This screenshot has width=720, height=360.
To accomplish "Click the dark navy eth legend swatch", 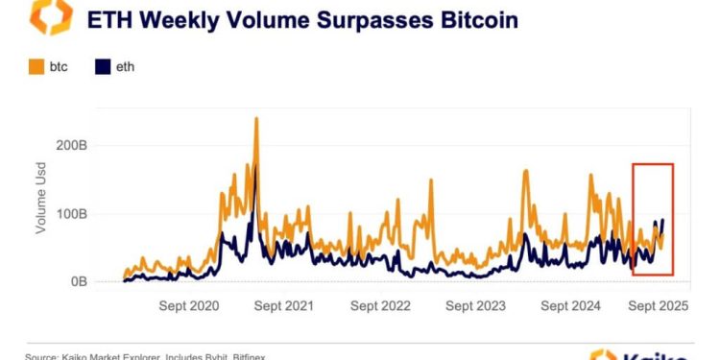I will [x=102, y=68].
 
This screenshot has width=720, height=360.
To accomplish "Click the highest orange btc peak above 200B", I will [x=256, y=119].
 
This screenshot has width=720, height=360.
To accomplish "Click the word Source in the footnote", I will [x=44, y=356].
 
